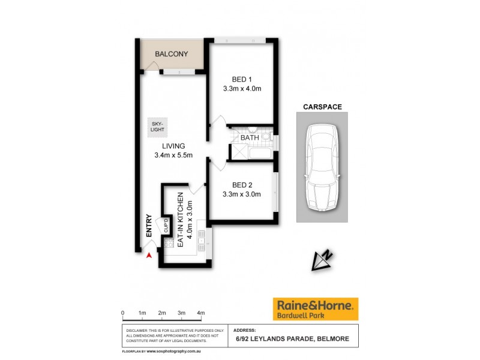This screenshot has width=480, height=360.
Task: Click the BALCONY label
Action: [171, 55]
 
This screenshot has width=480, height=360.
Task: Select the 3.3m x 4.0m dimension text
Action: [242, 89]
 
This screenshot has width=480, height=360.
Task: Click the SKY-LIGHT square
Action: [158, 127]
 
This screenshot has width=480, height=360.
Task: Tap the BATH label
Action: [250, 138]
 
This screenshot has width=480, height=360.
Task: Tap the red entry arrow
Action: [148, 256]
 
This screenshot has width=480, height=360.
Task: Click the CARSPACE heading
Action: [322, 107]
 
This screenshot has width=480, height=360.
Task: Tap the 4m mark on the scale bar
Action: [201, 313]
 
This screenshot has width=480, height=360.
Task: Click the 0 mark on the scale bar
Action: [122, 313]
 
